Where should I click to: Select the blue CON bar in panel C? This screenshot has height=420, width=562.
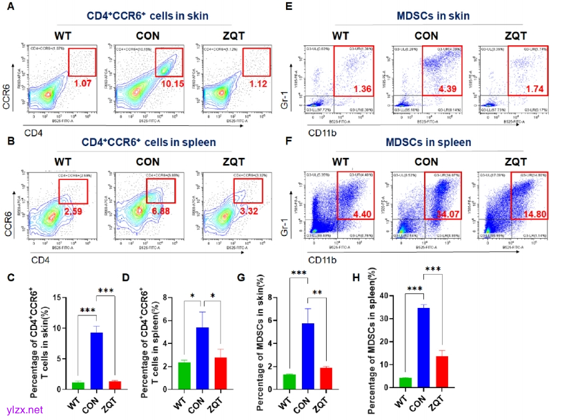pos(97,361)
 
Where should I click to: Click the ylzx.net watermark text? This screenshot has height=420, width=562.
pos(23,409)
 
